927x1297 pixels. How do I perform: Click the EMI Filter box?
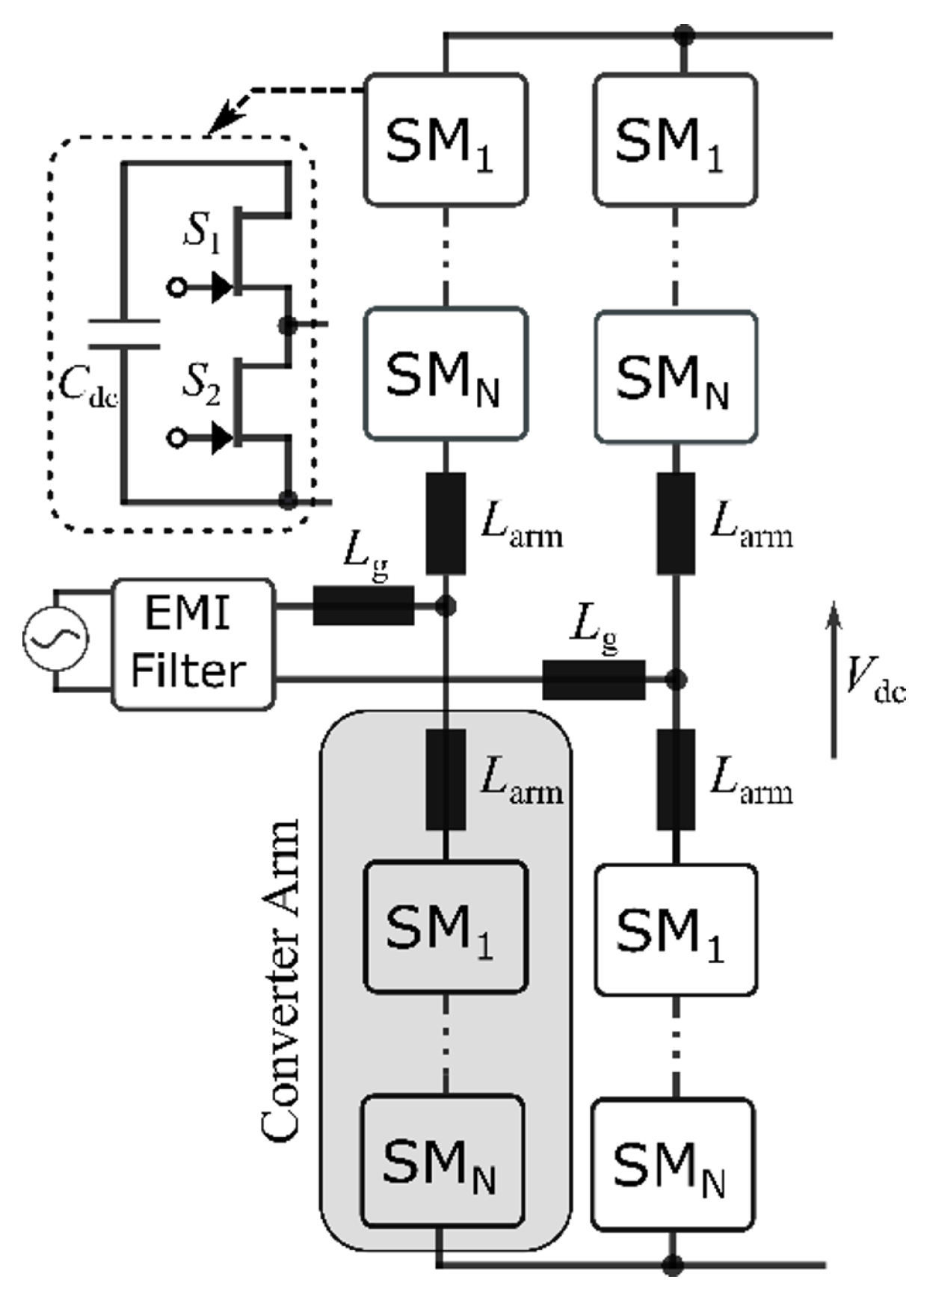193,644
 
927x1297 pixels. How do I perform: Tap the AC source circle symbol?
55,639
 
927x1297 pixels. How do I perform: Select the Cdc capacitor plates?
123,334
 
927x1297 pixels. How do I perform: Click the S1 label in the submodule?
202,234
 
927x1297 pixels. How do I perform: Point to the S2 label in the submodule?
202,385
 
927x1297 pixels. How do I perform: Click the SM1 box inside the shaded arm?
445,927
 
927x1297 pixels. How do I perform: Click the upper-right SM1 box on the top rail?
674,140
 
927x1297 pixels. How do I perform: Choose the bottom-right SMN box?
672,1164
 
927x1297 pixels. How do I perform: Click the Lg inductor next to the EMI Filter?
363,606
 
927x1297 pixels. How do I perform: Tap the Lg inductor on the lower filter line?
593,680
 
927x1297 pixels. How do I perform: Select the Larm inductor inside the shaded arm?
445,780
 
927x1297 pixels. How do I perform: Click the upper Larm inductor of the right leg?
676,523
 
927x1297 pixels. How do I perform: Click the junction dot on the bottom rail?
674,1266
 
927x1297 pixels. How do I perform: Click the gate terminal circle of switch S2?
176,438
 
